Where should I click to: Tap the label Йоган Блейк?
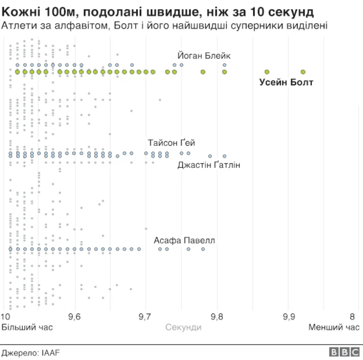pyautogui.click(x=204, y=56)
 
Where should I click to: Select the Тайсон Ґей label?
pyautogui.click(x=171, y=143)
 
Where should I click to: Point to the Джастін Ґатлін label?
pyautogui.click(x=209, y=165)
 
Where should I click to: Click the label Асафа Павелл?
pyautogui.click(x=184, y=240)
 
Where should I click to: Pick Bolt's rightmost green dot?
pyautogui.click(x=303, y=72)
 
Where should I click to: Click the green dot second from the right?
pyautogui.click(x=267, y=72)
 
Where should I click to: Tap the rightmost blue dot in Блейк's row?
pyautogui.click(x=225, y=65)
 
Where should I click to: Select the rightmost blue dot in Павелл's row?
pyautogui.click(x=202, y=249)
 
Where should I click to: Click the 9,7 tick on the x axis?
pyautogui.click(x=145, y=317)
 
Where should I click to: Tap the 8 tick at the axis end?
pyautogui.click(x=352, y=317)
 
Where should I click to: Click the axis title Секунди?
pyautogui.click(x=183, y=327)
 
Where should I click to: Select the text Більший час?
pyautogui.click(x=22, y=327)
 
